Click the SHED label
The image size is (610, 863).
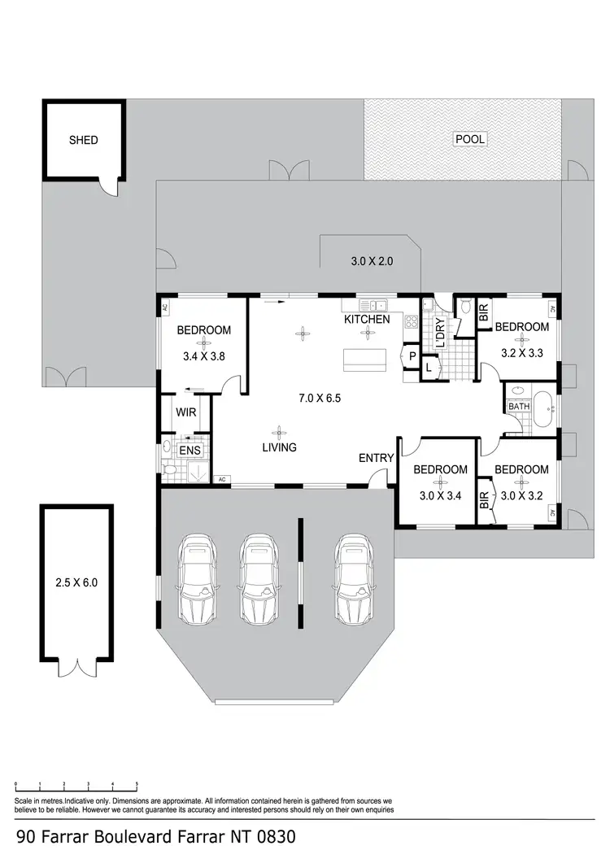(x=83, y=140)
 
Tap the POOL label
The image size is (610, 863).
(x=469, y=139)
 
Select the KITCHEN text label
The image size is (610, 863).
(x=366, y=320)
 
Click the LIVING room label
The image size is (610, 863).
(x=279, y=447)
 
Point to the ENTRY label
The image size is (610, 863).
(x=376, y=459)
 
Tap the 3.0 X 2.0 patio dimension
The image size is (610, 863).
(x=372, y=262)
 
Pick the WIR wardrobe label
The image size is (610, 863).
(x=186, y=412)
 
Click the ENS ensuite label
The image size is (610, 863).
(x=189, y=449)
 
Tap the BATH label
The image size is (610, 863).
(x=518, y=406)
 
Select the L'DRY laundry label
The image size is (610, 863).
(x=440, y=333)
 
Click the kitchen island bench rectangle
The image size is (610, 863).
(x=365, y=360)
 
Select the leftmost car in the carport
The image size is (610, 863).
(x=196, y=578)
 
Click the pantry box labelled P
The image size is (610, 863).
(x=412, y=356)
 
